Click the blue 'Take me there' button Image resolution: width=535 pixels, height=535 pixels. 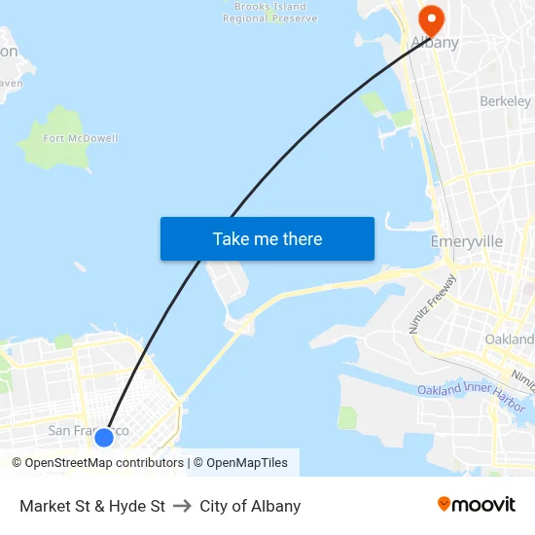(267, 239)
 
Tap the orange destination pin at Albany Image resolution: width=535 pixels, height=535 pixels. (429, 18)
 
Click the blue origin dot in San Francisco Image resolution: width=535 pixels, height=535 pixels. (104, 438)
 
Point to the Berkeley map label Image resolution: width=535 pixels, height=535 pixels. (505, 101)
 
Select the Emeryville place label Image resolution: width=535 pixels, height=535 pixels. (466, 241)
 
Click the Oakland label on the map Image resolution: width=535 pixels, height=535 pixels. (509, 339)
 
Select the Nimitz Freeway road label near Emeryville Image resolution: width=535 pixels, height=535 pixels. (426, 304)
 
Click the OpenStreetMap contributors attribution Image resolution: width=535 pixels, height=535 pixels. (97, 463)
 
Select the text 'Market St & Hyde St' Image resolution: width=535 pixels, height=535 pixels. (92, 506)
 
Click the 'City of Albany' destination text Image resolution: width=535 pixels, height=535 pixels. (250, 506)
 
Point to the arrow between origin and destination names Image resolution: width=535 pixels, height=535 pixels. (182, 506)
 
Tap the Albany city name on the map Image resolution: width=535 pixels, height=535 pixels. (435, 43)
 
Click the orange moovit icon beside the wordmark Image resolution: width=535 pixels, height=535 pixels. (445, 505)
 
